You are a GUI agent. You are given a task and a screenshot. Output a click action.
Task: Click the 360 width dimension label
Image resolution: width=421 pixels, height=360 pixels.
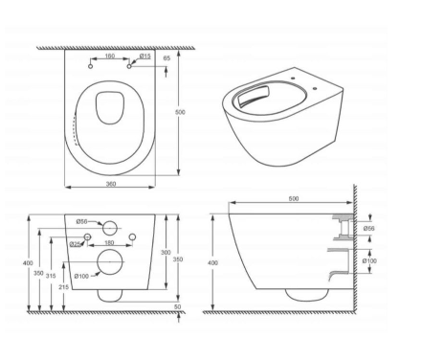pyautogui.click(x=111, y=184)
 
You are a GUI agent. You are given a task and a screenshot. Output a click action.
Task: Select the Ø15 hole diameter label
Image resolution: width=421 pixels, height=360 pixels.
pyautogui.click(x=144, y=56)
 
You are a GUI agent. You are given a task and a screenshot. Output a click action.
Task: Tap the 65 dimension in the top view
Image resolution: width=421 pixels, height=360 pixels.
pyautogui.click(x=166, y=58)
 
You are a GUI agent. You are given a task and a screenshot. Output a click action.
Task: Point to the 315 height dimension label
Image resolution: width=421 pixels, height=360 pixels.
pyautogui.click(x=51, y=276)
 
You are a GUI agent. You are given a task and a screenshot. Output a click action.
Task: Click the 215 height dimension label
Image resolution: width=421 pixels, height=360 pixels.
pyautogui.click(x=64, y=287)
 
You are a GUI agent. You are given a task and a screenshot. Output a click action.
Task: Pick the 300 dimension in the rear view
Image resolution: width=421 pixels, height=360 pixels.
pyautogui.click(x=166, y=252)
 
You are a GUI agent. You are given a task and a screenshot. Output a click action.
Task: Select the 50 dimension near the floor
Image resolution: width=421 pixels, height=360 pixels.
pyautogui.click(x=178, y=306)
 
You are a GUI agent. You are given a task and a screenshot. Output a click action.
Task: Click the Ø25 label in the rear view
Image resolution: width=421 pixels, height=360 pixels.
pyautogui.click(x=76, y=244)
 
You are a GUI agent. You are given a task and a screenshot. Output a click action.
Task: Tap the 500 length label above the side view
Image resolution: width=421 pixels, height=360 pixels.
pyautogui.click(x=294, y=198)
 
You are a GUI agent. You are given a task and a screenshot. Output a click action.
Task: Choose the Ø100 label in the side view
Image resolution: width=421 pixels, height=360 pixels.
pyautogui.click(x=369, y=260)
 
